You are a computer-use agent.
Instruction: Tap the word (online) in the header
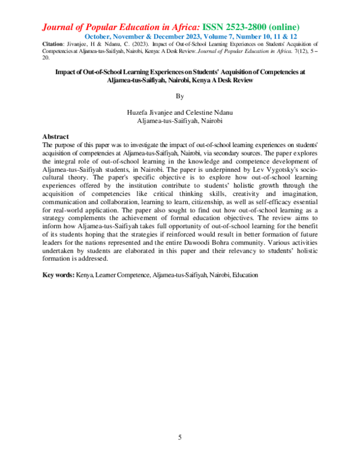tap(281, 27)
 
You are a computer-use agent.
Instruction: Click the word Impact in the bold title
tap(65, 71)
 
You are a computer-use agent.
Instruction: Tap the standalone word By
tap(180, 95)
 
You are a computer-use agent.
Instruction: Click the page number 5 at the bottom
tap(180, 437)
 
